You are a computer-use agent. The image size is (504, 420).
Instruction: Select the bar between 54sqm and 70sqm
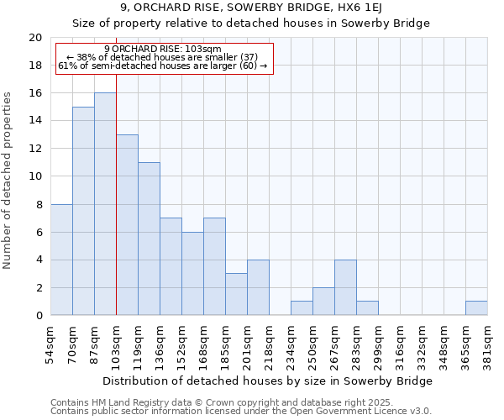pos(61,260)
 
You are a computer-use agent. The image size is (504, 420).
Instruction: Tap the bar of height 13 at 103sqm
pos(127,225)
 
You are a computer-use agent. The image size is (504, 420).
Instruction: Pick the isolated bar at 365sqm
pos(476,308)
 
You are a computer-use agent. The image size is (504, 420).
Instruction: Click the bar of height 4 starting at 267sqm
pos(345,287)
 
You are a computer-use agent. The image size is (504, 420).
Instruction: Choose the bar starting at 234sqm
pos(302,308)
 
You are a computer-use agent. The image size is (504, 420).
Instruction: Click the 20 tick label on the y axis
pos(34,38)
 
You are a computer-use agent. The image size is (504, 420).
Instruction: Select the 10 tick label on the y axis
pos(34,176)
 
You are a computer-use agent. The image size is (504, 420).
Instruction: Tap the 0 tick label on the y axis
pos(38,316)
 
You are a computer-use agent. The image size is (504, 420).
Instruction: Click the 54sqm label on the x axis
pos(50,343)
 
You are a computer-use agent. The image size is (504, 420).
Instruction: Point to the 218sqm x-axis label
pos(269,343)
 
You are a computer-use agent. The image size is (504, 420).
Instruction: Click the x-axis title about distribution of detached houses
pos(269,381)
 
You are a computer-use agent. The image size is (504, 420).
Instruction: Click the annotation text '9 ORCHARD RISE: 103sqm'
pos(164,50)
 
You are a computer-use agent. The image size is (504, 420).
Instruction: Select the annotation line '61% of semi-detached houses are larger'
pos(164,66)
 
